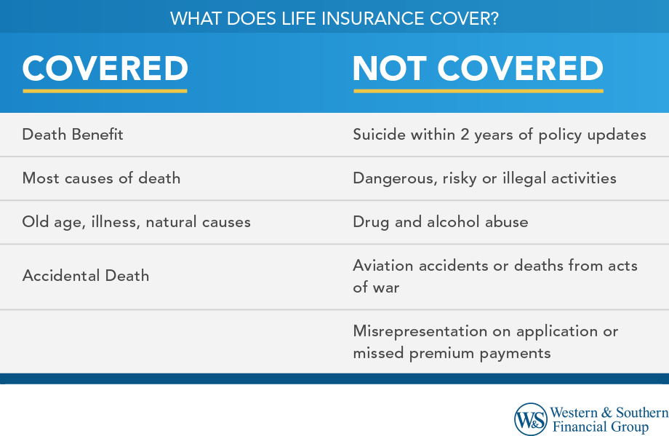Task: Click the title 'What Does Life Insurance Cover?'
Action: [x=334, y=17]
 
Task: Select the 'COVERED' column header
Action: [x=105, y=68]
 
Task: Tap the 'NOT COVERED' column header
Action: [x=478, y=68]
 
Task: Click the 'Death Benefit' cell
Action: [x=73, y=135]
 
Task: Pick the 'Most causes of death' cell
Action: [x=101, y=178]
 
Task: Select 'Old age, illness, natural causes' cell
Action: [x=136, y=222]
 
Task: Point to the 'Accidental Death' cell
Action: [x=86, y=276]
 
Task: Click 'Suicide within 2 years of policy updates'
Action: [x=499, y=135]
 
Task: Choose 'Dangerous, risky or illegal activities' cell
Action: [x=484, y=178]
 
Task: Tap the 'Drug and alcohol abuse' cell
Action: [x=440, y=222]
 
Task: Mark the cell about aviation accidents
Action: [x=494, y=276]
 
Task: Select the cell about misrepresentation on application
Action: [x=485, y=341]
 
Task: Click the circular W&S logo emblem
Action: [x=531, y=419]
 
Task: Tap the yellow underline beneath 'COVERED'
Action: [x=105, y=91]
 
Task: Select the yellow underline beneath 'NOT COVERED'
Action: [x=478, y=91]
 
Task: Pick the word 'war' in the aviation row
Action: [x=386, y=288]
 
